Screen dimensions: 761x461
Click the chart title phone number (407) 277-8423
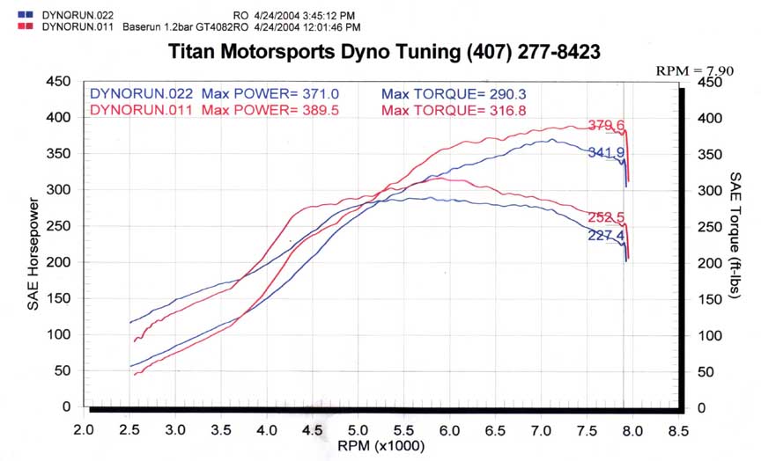(534, 52)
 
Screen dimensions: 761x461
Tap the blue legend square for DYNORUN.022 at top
(26, 15)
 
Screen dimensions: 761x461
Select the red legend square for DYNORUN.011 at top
(26, 26)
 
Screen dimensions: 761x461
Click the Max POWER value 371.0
(321, 93)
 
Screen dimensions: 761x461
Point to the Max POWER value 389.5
(321, 110)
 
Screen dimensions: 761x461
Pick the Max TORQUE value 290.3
(507, 93)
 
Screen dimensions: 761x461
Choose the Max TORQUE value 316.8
(507, 110)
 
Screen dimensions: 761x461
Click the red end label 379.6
(606, 126)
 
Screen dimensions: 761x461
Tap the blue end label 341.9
(606, 153)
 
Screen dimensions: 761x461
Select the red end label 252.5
(606, 217)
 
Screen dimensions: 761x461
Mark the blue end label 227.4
(606, 236)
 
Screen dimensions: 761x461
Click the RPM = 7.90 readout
(695, 70)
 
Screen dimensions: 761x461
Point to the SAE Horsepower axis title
(33, 253)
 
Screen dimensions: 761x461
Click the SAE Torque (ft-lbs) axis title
(735, 235)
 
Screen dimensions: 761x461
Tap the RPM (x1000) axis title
(381, 446)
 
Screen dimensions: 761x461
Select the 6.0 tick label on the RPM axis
(449, 430)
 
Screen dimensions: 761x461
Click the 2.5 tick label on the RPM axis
(129, 430)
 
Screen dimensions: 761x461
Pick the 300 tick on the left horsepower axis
(59, 189)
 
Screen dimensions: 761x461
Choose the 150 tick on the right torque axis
(710, 300)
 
